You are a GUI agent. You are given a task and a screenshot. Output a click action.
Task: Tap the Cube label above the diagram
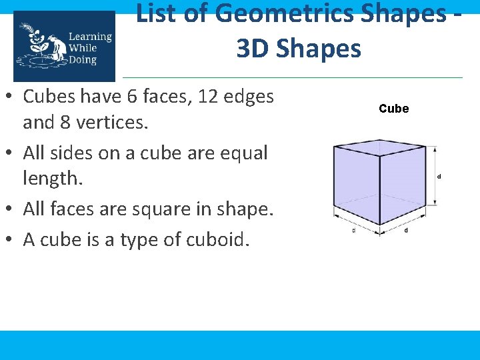(393, 109)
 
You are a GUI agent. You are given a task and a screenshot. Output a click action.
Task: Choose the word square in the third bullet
(177, 209)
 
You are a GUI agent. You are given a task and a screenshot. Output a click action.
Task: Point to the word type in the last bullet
(137, 240)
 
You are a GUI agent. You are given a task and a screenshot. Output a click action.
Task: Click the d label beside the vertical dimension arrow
(439, 177)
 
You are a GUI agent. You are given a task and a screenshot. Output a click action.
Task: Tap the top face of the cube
(379, 147)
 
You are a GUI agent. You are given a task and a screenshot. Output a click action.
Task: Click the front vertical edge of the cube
(379, 190)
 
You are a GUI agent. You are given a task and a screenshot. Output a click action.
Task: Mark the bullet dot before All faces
(13, 210)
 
